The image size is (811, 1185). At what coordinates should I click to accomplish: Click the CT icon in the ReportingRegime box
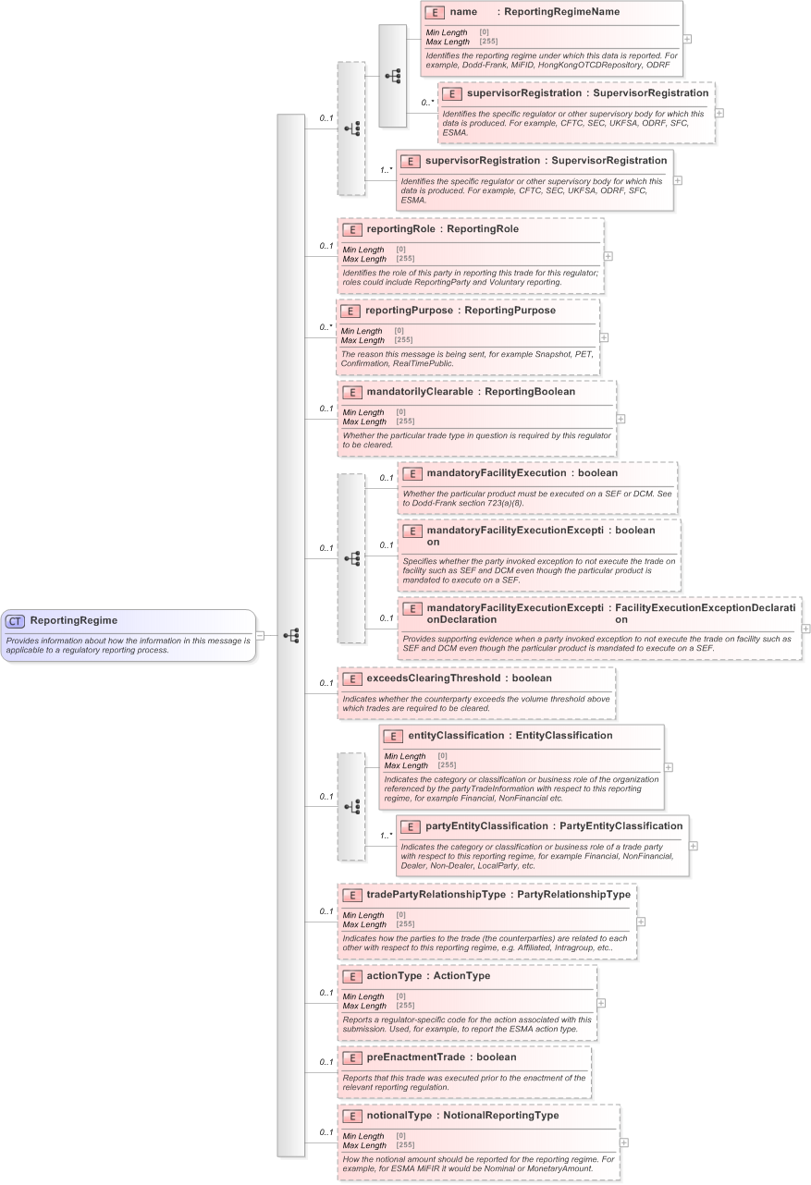click(16, 621)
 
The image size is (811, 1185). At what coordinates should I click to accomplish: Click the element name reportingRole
click(403, 229)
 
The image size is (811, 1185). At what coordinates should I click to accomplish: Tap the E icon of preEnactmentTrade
click(351, 1057)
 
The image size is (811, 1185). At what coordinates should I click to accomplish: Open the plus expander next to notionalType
click(624, 1142)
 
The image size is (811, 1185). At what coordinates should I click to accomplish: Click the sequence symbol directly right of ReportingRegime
click(291, 636)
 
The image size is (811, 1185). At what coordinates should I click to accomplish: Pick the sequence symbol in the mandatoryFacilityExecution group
click(351, 558)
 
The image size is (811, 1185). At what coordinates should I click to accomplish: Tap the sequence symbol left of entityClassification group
click(351, 807)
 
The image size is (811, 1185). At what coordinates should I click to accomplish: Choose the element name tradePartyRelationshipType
click(436, 895)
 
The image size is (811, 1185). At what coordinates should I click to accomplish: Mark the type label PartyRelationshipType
click(573, 895)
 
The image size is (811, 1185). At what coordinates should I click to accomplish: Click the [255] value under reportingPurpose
click(405, 340)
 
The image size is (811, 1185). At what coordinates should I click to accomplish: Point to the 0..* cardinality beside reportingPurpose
click(324, 327)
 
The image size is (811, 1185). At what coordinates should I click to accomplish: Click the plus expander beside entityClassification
click(669, 767)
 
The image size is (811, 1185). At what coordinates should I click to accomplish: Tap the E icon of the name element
click(434, 12)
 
